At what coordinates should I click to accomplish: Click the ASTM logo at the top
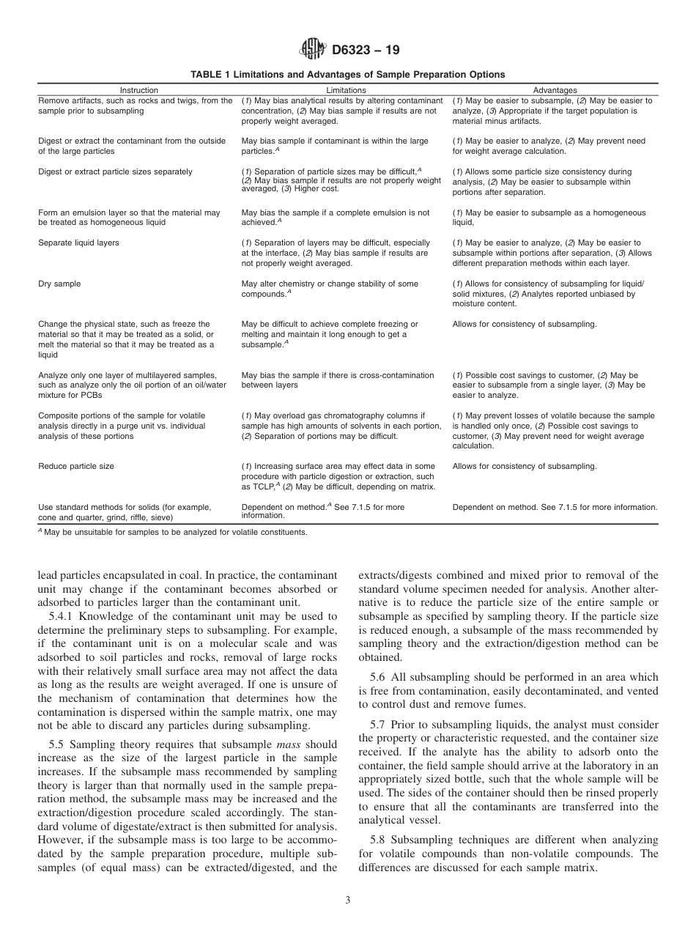point(314,50)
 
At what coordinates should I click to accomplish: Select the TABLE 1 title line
point(347,75)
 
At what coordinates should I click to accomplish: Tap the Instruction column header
point(138,90)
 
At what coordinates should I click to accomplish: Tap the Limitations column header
point(346,90)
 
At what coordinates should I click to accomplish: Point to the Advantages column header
point(555,90)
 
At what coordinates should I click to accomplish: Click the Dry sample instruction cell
point(59,284)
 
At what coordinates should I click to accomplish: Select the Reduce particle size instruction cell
point(76,466)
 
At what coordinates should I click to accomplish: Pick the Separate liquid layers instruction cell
point(78,243)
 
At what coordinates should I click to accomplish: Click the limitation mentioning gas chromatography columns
point(341,426)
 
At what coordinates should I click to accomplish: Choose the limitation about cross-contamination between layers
point(338,380)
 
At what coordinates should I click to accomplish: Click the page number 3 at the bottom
point(348,900)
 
